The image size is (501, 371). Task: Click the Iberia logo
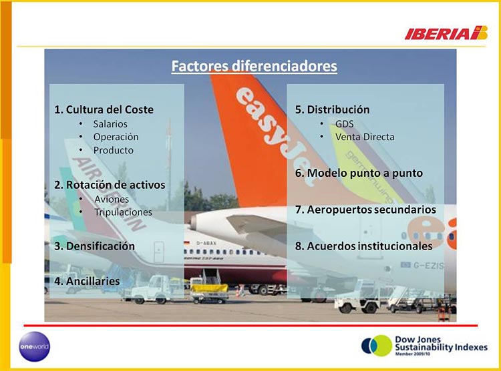(446, 33)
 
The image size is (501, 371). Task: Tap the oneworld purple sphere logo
(35, 346)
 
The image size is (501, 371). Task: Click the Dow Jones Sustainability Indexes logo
(424, 346)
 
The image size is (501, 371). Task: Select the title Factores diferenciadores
(254, 66)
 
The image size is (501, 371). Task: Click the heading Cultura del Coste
(104, 109)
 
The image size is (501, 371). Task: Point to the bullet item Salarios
(110, 124)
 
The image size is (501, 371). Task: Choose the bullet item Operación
(116, 137)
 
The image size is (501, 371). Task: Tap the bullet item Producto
(114, 150)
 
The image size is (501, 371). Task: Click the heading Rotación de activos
(110, 185)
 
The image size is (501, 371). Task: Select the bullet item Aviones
(112, 200)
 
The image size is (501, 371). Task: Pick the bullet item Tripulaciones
(123, 212)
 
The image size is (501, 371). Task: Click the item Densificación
(95, 246)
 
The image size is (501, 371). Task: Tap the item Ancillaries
(87, 282)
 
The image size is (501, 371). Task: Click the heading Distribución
(332, 109)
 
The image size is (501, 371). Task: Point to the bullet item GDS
(345, 124)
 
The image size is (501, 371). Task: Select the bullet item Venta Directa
(365, 137)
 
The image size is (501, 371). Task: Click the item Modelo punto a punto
(359, 173)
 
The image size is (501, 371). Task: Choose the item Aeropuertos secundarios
(365, 210)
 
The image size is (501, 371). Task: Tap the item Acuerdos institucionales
(363, 246)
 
